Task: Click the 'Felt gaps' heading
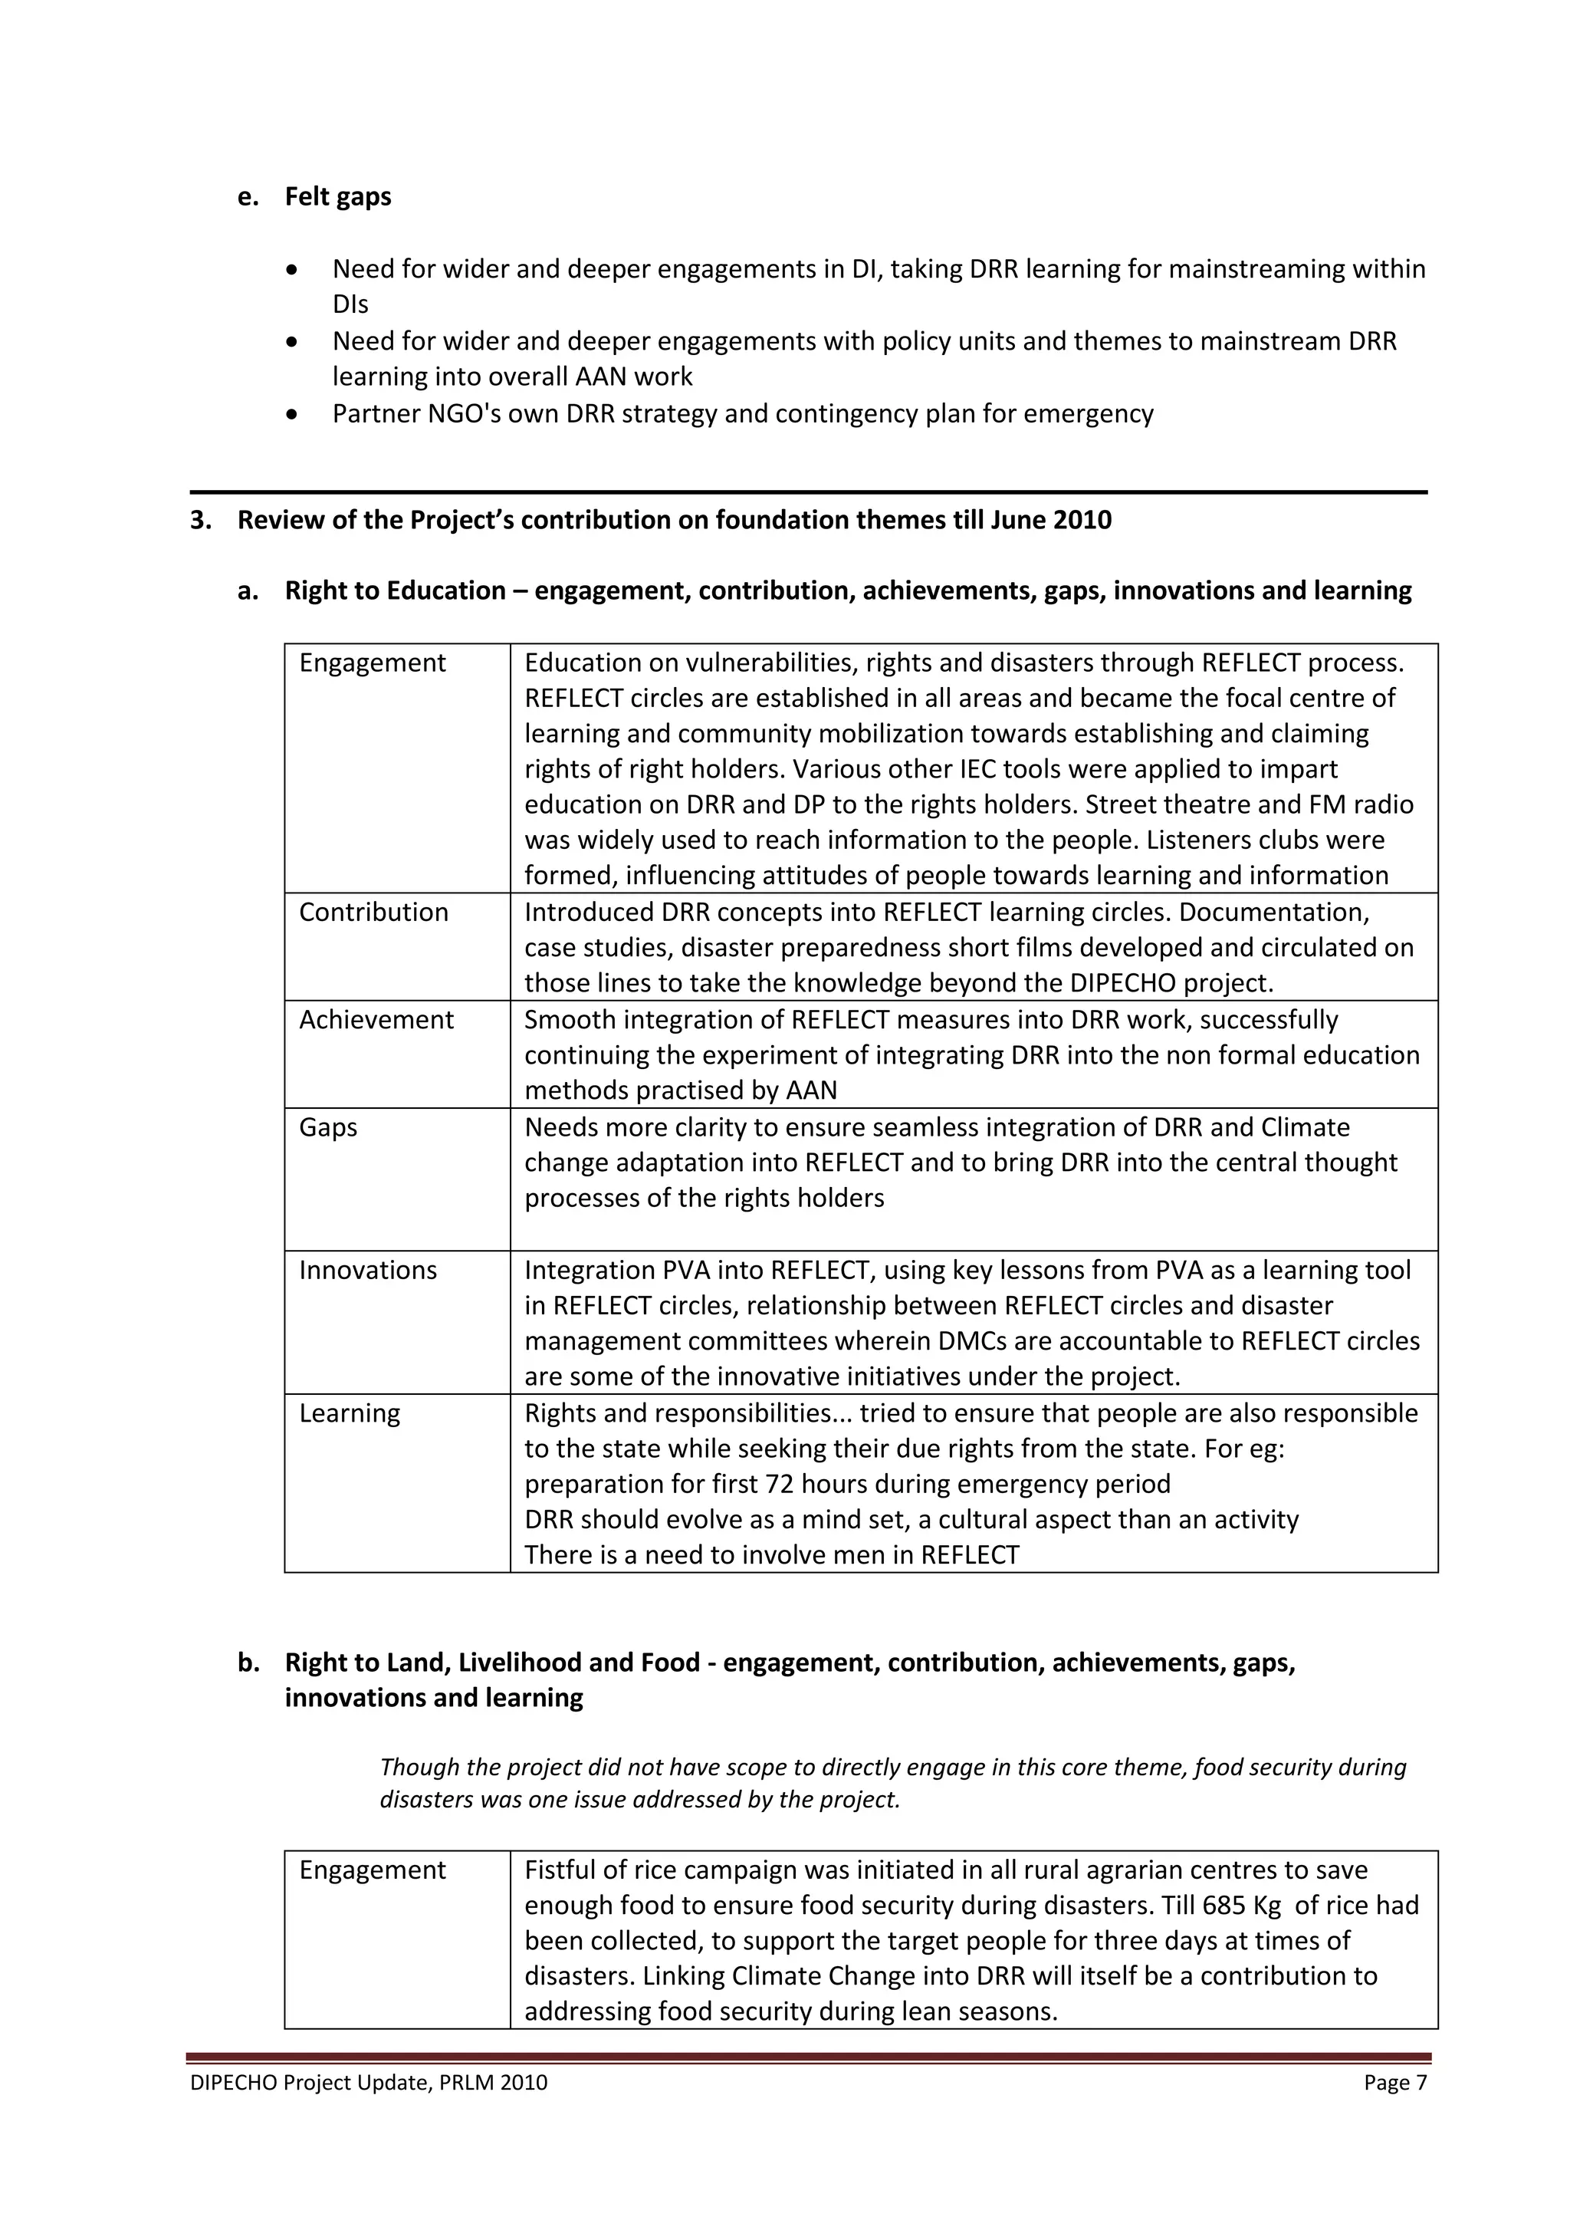click(x=337, y=196)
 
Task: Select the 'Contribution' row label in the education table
click(x=373, y=912)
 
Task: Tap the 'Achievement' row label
click(x=376, y=1019)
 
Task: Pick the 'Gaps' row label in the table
click(x=328, y=1126)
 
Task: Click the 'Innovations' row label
click(x=367, y=1270)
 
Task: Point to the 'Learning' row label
click(x=349, y=1413)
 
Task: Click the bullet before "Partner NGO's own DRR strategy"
click(x=293, y=415)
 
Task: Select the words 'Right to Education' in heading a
click(x=395, y=590)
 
